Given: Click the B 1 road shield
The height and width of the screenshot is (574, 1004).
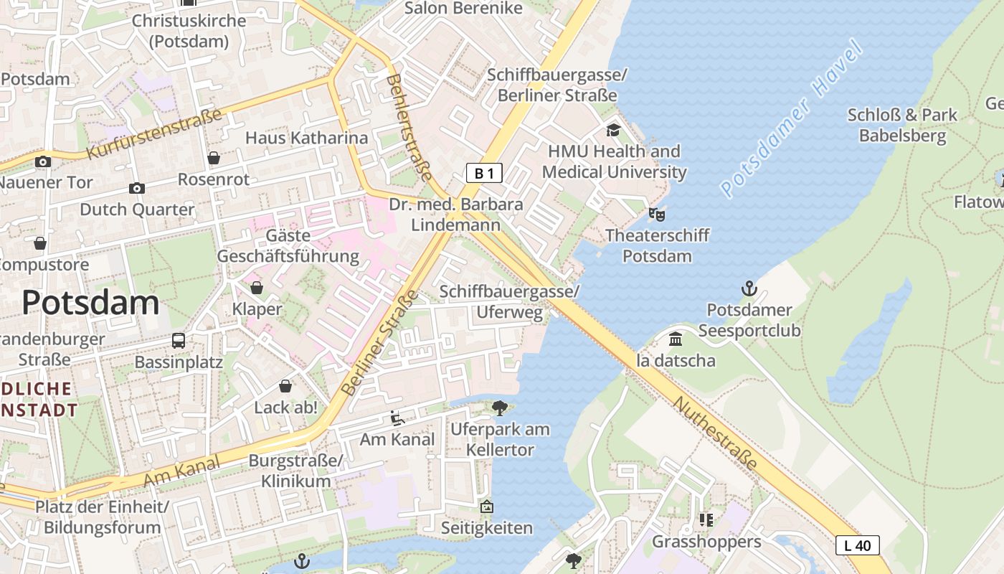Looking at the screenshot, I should pyautogui.click(x=484, y=173).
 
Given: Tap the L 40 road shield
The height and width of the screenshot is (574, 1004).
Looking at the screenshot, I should pyautogui.click(x=857, y=545).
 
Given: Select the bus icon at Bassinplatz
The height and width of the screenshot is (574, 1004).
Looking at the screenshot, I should pyautogui.click(x=179, y=341).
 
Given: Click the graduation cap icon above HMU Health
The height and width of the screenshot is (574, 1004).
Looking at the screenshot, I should pyautogui.click(x=613, y=130).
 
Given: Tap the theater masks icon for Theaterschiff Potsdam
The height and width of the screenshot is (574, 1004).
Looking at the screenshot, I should pyautogui.click(x=657, y=214).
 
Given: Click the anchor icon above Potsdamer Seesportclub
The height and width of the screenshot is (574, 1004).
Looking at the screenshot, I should pyautogui.click(x=749, y=289).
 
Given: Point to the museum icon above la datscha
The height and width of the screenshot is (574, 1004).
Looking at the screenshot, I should pyautogui.click(x=676, y=339).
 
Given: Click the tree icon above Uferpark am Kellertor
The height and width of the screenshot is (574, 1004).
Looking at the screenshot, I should pyautogui.click(x=500, y=408).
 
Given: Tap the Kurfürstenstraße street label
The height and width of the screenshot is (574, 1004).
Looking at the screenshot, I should pyautogui.click(x=153, y=133).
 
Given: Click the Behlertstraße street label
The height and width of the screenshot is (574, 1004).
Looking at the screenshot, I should pyautogui.click(x=409, y=127).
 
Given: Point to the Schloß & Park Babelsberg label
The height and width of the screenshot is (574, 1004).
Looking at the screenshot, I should pyautogui.click(x=902, y=125).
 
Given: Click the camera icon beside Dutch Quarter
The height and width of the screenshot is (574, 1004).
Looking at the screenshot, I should pyautogui.click(x=136, y=189).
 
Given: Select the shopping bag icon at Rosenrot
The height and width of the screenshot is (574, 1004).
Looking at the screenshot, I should pyautogui.click(x=213, y=158).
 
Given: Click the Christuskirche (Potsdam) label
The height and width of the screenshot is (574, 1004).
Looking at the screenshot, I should pyautogui.click(x=189, y=31).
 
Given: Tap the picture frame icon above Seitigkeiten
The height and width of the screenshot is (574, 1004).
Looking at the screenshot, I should pyautogui.click(x=486, y=507).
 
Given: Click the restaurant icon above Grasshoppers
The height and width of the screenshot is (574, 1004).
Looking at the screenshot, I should pyautogui.click(x=706, y=519).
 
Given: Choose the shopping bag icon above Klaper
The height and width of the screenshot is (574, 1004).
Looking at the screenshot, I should pyautogui.click(x=257, y=288).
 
